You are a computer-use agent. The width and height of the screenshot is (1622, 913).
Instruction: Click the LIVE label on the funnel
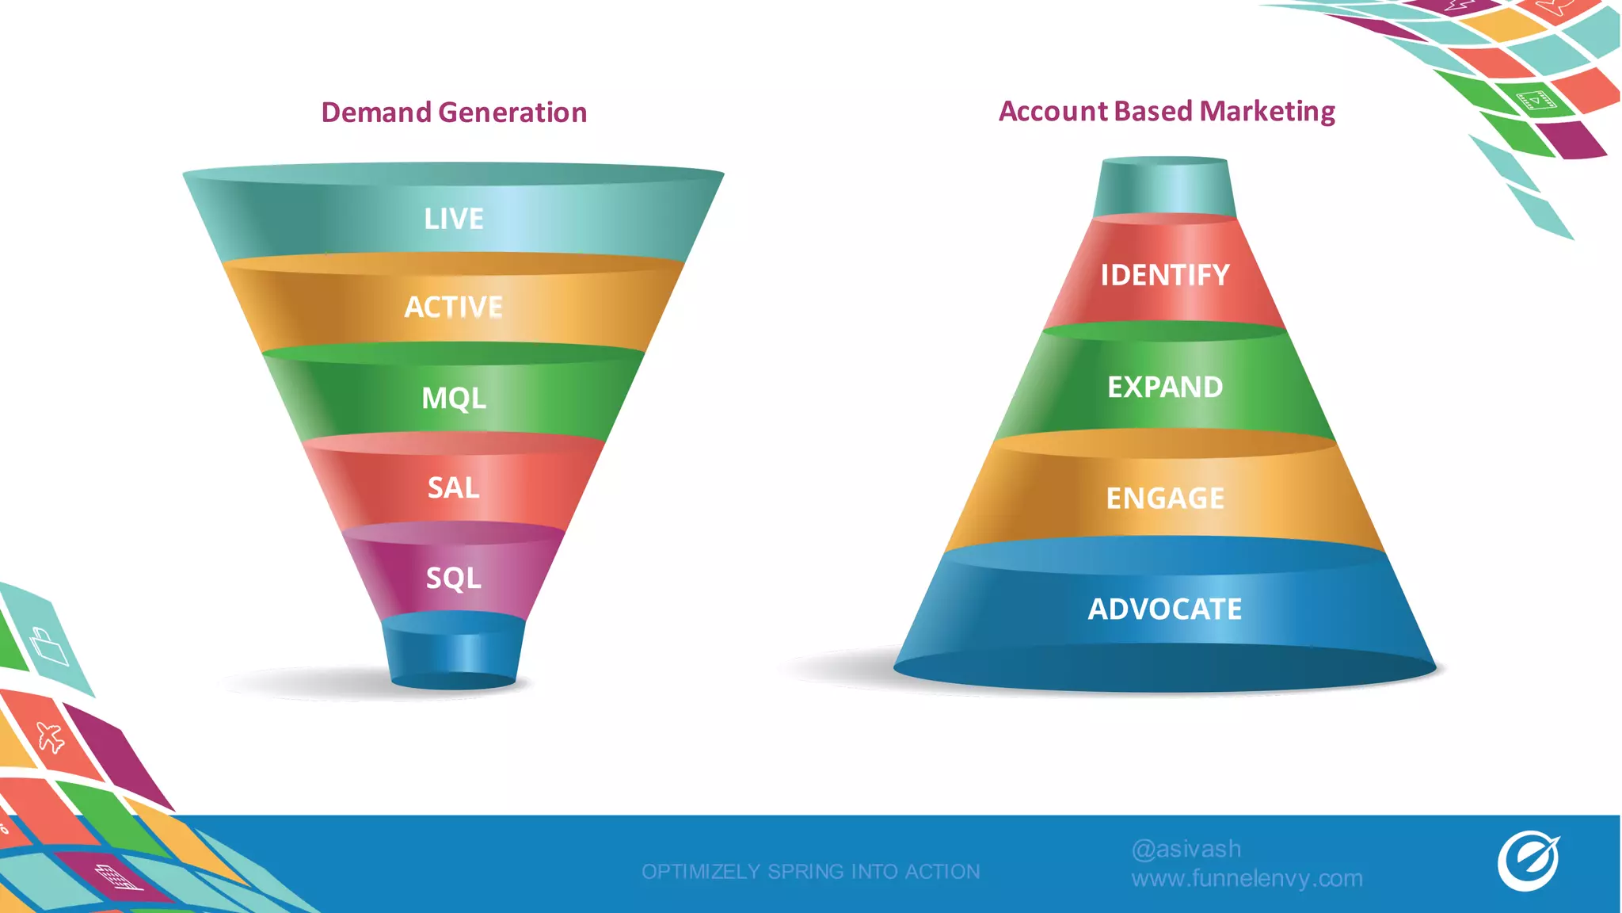pos(453,219)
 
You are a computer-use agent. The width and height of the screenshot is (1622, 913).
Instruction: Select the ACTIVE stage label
pos(453,307)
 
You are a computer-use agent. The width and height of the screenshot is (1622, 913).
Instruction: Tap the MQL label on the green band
pos(453,398)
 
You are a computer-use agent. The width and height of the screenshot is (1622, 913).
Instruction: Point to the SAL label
pos(453,487)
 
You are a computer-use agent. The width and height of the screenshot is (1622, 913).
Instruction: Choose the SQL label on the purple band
pos(453,578)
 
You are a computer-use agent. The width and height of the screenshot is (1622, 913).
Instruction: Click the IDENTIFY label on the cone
pos(1164,275)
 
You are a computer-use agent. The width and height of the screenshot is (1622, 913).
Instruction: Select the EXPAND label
pos(1164,387)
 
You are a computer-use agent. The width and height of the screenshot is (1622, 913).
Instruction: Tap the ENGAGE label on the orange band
pos(1164,498)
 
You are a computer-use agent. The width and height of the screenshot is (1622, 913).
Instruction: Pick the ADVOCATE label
pos(1164,609)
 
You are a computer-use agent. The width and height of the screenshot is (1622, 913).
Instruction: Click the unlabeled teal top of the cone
pos(1164,187)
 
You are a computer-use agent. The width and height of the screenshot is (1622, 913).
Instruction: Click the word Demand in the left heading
pos(376,113)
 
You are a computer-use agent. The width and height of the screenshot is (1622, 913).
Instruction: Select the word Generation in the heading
pos(512,113)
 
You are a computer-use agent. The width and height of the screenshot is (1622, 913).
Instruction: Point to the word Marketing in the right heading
pos(1267,111)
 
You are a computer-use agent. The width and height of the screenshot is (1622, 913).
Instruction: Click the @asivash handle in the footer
pos(1186,849)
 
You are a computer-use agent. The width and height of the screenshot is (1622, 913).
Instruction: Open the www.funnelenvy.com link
pos(1247,878)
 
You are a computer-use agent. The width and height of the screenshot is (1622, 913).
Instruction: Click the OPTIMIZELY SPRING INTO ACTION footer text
pos(810,872)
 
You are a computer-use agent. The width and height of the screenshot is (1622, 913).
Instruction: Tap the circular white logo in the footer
pos(1528,861)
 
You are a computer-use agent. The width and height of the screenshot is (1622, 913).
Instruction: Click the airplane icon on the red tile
pos(51,737)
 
